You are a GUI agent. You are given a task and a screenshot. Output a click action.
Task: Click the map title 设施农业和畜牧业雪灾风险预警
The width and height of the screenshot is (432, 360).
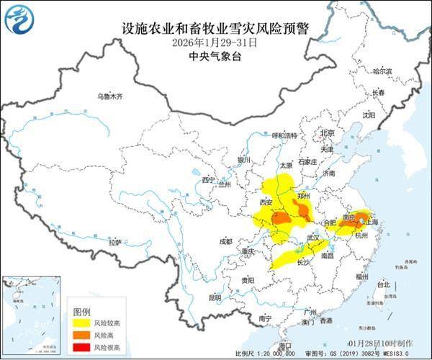click(216, 30)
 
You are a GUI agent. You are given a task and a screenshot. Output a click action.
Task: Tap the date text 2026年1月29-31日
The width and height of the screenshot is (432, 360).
click(216, 42)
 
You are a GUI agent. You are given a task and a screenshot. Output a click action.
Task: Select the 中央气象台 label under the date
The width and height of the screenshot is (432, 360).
click(216, 55)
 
